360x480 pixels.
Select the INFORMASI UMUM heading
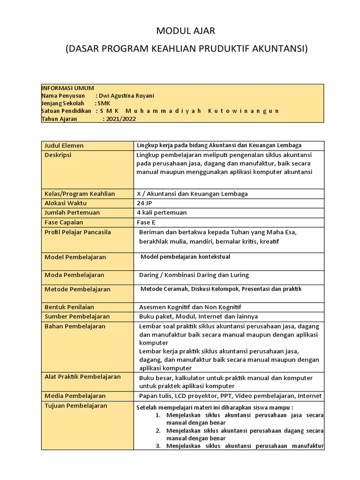(67, 88)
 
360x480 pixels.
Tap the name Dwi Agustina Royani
(124, 96)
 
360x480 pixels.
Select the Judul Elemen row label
(64, 145)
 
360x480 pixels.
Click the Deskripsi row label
(58, 155)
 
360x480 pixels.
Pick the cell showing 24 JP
(145, 203)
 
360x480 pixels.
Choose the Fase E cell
(146, 222)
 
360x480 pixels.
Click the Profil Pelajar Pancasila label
(77, 232)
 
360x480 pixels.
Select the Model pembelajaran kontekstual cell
(186, 257)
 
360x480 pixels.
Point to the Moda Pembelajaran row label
(74, 275)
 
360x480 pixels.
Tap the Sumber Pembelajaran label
(77, 316)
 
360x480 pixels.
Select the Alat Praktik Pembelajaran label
(82, 376)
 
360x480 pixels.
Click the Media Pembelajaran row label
(75, 396)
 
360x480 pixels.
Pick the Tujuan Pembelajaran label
(75, 405)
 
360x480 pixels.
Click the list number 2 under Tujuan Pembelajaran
(158, 430)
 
